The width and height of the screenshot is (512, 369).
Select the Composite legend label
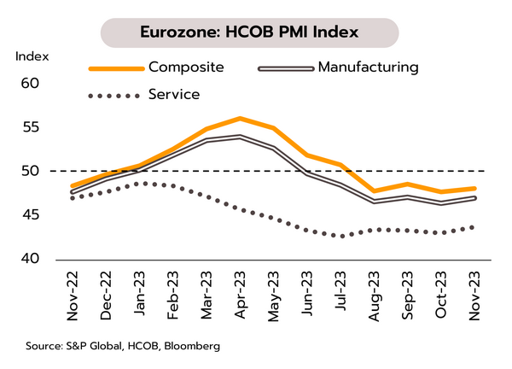coord(183,67)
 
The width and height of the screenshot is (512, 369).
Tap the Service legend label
coord(174,95)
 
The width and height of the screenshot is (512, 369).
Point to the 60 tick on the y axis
coord(31,84)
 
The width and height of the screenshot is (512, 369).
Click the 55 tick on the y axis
coord(31,127)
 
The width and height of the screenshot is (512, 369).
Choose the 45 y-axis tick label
coord(31,215)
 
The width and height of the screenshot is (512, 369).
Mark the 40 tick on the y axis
coord(31,259)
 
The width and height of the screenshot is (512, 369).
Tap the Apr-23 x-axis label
coord(240,295)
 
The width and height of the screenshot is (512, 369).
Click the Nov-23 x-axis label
coord(474,295)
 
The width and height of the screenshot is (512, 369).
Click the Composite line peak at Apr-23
coord(240,118)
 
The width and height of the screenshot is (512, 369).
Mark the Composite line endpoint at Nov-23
coord(474,189)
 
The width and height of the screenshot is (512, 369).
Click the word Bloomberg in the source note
coord(189,346)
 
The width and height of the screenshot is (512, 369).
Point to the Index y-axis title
coord(32,56)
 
